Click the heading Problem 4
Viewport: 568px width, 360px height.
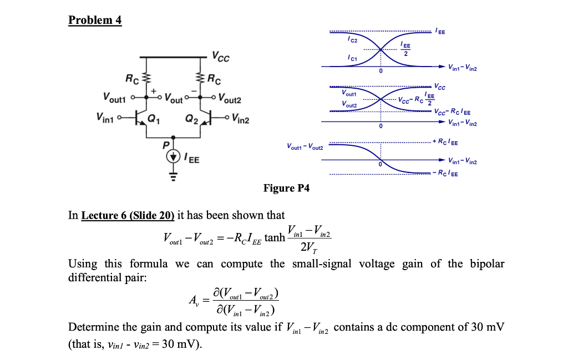[x=95, y=21]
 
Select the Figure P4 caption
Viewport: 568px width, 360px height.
[x=286, y=188]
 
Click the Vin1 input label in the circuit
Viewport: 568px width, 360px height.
[x=107, y=118]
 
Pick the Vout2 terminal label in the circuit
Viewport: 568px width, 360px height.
[x=230, y=99]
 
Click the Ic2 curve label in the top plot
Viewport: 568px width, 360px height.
[x=353, y=39]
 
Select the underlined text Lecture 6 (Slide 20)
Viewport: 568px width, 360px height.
[x=128, y=215]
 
